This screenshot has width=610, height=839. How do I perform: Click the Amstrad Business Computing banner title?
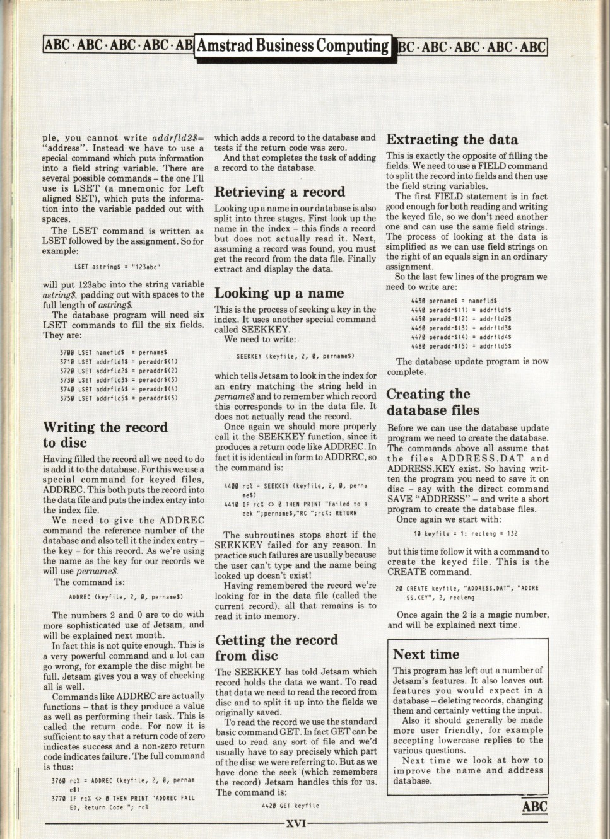[293, 46]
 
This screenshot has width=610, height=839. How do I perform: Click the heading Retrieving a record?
[279, 192]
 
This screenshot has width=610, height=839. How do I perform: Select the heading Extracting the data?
[452, 140]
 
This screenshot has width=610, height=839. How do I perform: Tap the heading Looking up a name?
[279, 293]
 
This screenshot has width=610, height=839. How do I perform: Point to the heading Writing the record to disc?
[105, 434]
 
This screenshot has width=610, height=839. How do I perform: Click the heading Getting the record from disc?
[277, 648]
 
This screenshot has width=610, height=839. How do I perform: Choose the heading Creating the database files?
[432, 402]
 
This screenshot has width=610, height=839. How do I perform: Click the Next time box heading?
[426, 654]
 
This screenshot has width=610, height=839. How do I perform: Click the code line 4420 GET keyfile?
[290, 806]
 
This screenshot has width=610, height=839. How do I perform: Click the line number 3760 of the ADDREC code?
[59, 781]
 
